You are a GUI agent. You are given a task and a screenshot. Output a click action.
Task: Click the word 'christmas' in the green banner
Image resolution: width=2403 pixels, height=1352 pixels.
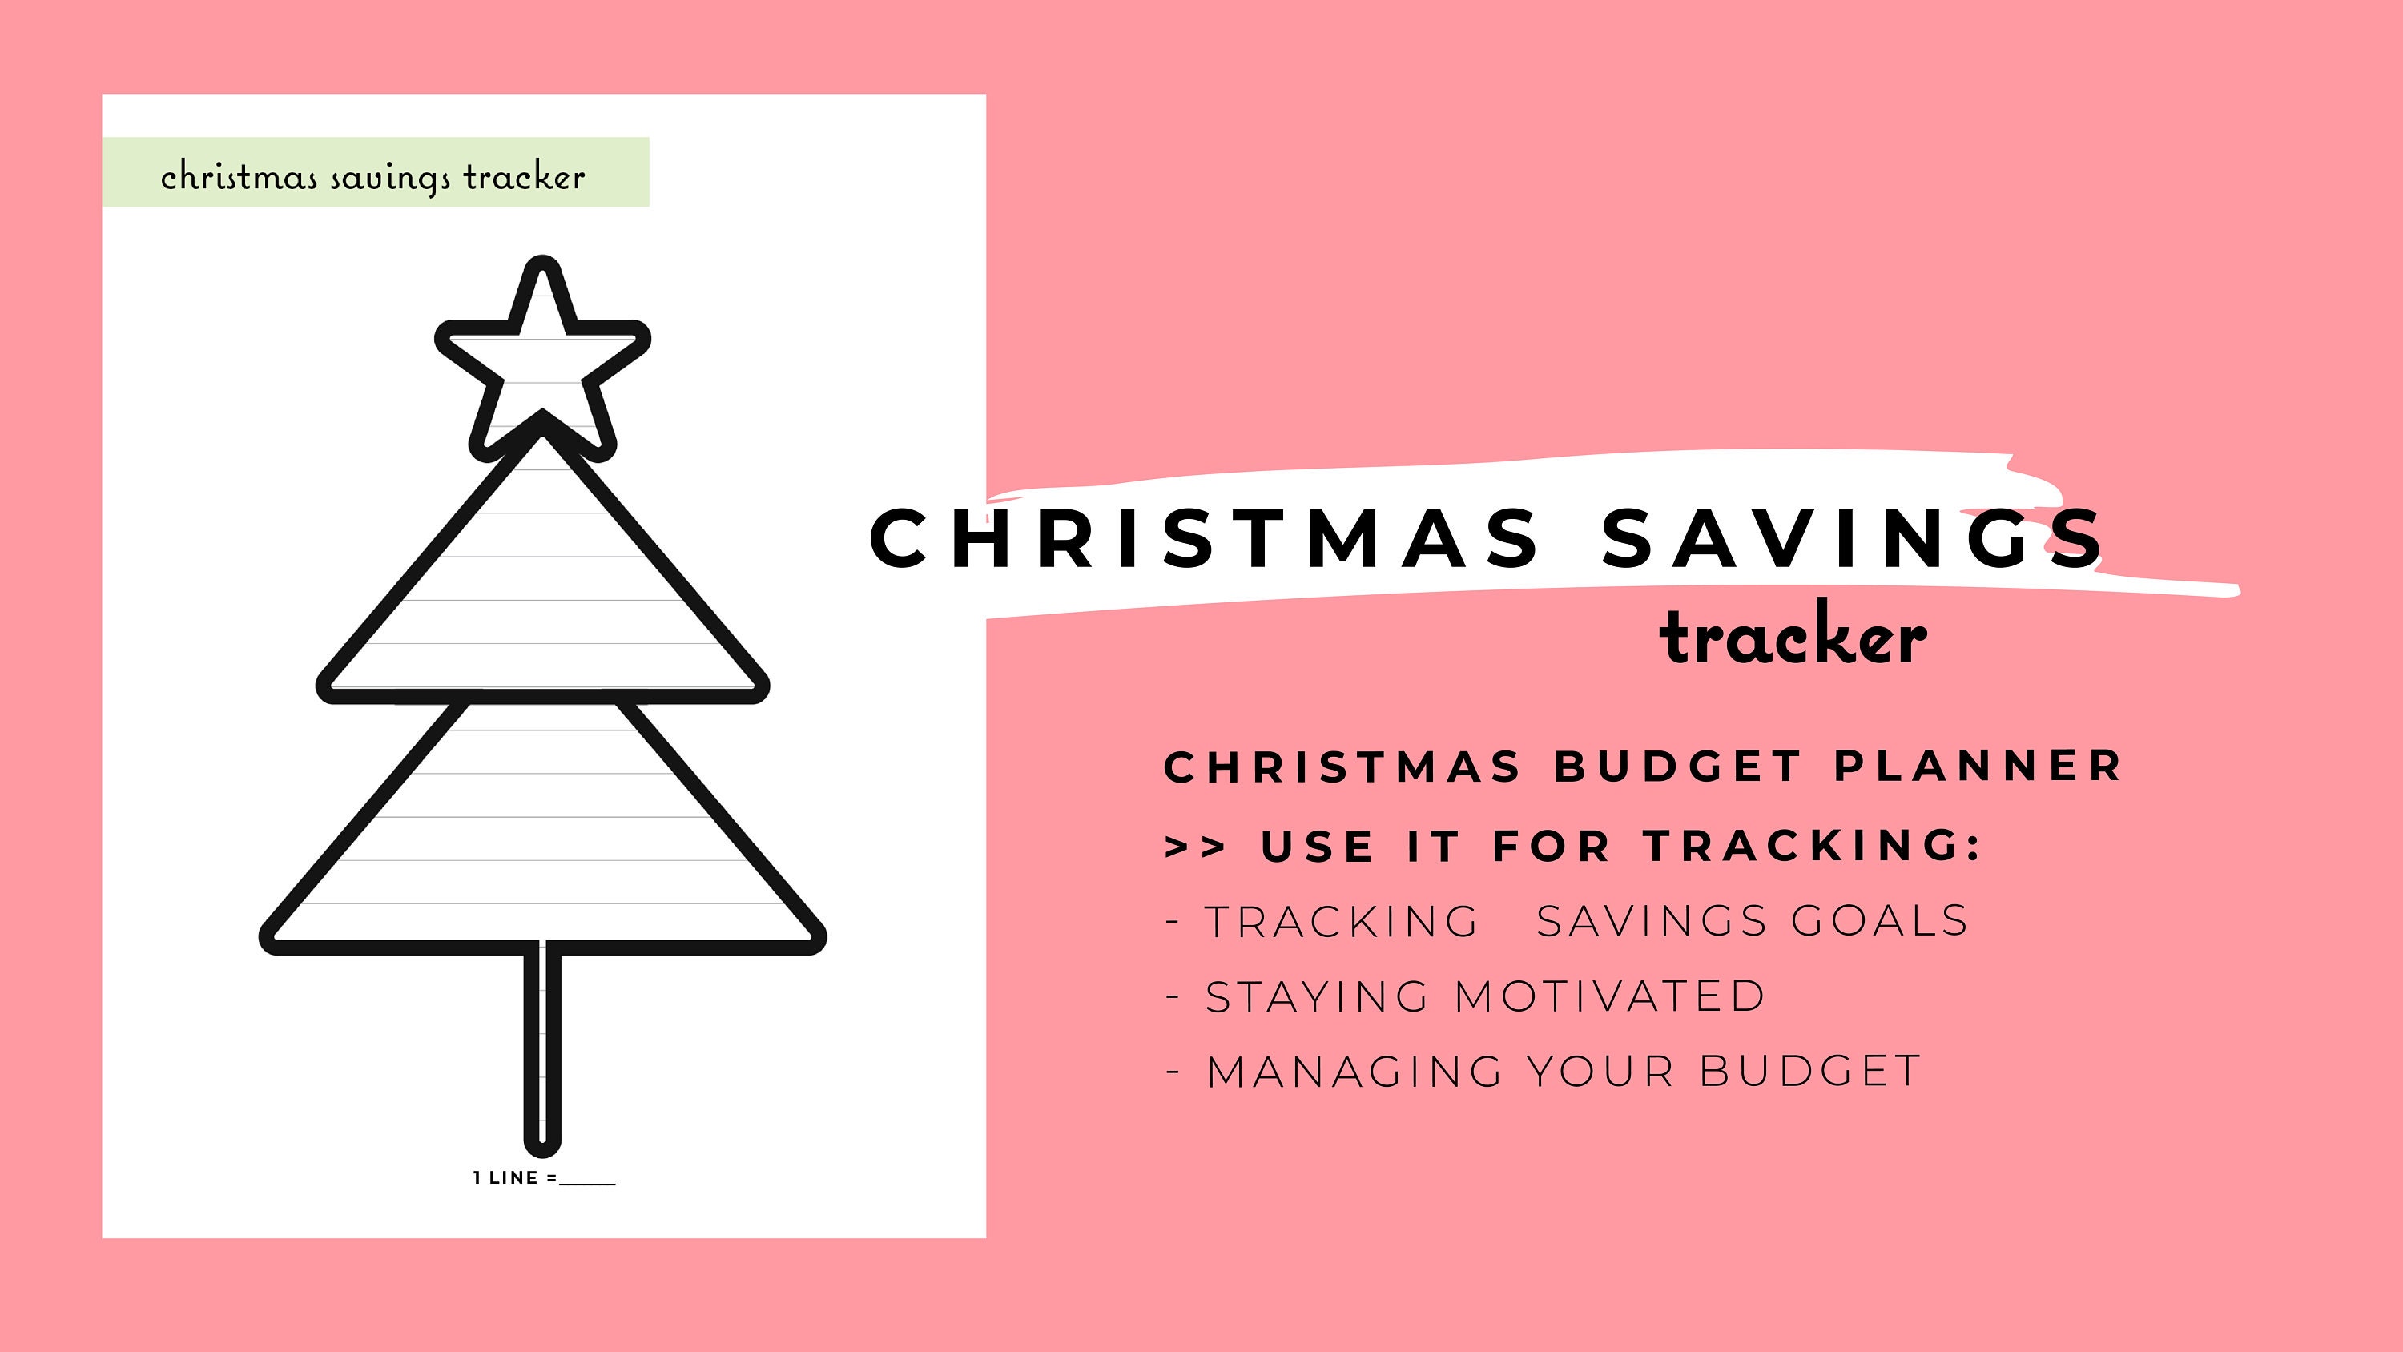[x=239, y=176]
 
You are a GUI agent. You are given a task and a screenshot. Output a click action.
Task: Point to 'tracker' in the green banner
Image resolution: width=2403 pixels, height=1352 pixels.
[x=525, y=176]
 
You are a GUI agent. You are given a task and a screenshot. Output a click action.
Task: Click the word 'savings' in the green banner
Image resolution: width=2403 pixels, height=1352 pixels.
[x=390, y=179]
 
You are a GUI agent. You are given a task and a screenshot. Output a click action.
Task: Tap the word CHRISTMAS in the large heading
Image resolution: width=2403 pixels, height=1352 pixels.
[x=1203, y=538]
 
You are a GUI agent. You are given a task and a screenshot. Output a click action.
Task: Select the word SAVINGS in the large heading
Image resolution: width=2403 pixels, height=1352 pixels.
[x=1852, y=538]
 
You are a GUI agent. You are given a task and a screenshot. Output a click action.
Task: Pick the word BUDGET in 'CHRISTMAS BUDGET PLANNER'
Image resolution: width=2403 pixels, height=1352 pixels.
[x=1678, y=767]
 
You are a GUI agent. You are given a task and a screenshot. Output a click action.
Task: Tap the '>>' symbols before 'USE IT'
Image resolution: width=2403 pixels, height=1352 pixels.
[x=1195, y=847]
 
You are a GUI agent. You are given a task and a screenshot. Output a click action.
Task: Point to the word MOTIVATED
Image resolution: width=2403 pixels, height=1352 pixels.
[x=1610, y=996]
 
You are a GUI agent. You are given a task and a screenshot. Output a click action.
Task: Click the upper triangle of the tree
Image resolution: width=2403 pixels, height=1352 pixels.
[x=542, y=598]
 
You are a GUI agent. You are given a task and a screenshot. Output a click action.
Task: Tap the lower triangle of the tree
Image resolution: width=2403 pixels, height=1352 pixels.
[x=542, y=839]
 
